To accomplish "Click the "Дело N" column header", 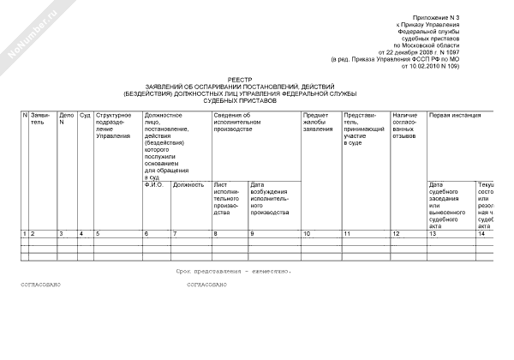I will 65,119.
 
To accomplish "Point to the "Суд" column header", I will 84,115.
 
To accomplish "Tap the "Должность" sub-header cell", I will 188,184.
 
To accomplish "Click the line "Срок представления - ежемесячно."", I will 235,270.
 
